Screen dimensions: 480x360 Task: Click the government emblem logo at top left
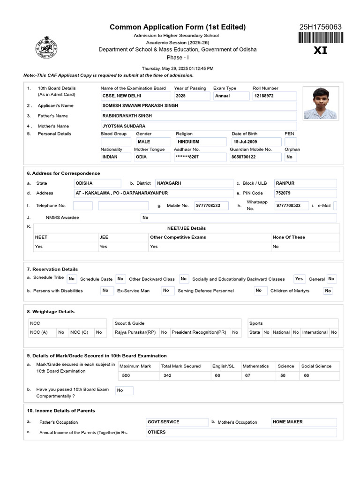click(x=46, y=47)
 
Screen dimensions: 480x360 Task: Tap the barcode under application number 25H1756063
click(x=320, y=38)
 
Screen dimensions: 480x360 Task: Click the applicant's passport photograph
click(x=320, y=103)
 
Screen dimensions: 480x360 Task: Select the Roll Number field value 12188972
click(x=274, y=96)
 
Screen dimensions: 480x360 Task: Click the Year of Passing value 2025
click(x=191, y=96)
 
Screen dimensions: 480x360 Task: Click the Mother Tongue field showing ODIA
click(x=149, y=157)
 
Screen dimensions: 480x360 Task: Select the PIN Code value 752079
click(x=305, y=193)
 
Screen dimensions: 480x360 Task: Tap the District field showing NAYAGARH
click(x=194, y=183)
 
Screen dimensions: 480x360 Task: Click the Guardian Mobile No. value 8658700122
click(x=255, y=157)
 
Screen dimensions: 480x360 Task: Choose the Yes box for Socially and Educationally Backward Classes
click(x=299, y=279)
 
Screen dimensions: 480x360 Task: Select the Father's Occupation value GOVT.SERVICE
click(x=177, y=422)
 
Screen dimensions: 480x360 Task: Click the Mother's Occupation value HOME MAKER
click(x=303, y=422)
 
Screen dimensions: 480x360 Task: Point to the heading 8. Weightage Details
click(x=51, y=312)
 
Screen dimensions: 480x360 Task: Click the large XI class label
click(x=320, y=51)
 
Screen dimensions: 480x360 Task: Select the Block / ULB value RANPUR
click(x=305, y=183)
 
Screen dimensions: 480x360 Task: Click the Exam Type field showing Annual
click(x=230, y=96)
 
